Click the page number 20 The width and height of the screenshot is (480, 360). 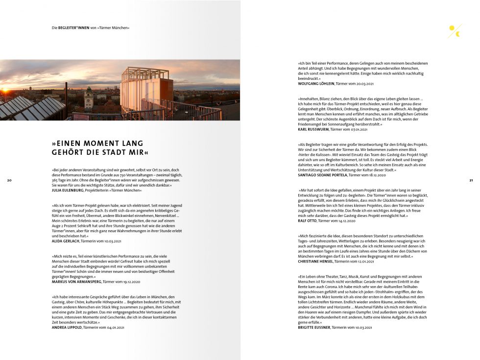(9, 181)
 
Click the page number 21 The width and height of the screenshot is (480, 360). (471, 181)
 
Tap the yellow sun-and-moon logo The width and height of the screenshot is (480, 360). (455, 31)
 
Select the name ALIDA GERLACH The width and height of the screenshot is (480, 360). (66, 241)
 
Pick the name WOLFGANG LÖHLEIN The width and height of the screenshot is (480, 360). (316, 83)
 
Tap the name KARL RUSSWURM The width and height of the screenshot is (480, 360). (313, 129)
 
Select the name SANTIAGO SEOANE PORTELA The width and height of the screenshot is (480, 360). (322, 175)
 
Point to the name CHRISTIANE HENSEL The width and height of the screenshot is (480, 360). (315, 262)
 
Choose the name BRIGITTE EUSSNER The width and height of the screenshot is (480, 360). (314, 327)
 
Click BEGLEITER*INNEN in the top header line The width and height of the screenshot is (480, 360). (74, 28)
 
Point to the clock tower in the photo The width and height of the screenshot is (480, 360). (88, 98)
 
